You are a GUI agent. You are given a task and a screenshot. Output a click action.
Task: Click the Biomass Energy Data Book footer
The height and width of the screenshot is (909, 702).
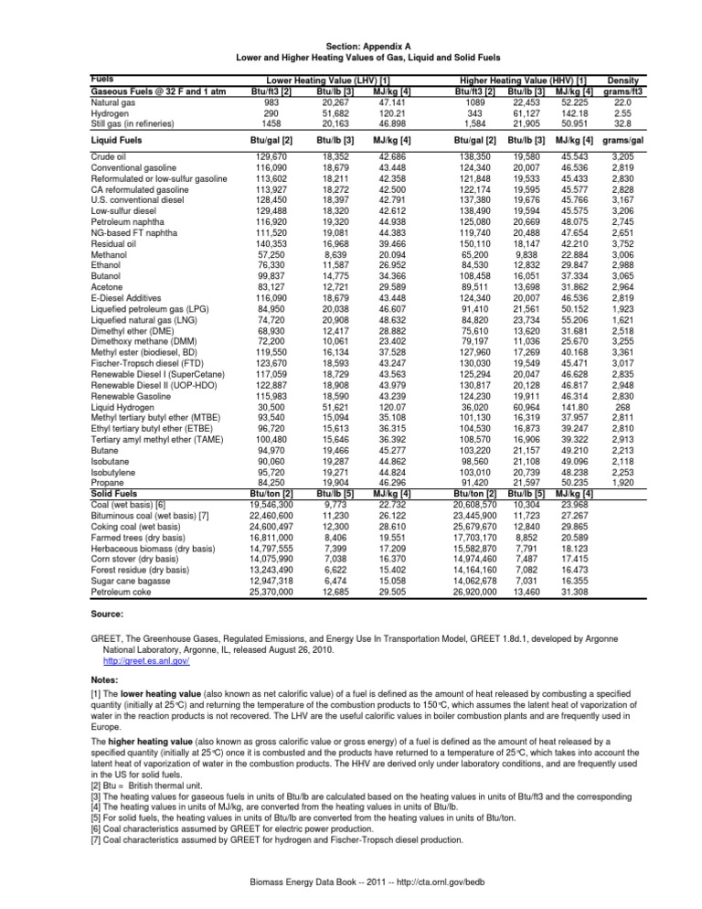point(351,884)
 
